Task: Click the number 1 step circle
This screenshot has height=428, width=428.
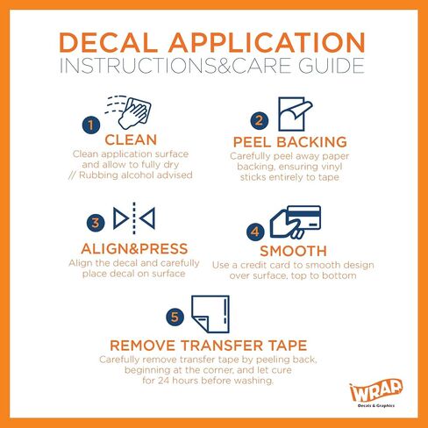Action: click(x=91, y=125)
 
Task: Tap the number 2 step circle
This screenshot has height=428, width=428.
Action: click(x=260, y=120)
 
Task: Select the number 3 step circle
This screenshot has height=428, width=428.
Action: click(x=96, y=223)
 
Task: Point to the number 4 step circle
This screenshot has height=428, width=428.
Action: click(x=255, y=232)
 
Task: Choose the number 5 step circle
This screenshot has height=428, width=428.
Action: click(x=175, y=317)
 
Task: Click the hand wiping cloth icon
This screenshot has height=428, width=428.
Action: click(x=129, y=112)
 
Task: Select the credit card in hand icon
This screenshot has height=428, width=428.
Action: click(x=296, y=222)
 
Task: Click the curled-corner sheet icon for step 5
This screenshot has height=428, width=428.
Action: click(x=210, y=314)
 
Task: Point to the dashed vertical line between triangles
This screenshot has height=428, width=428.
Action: click(x=134, y=218)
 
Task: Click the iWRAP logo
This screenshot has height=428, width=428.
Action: click(x=376, y=393)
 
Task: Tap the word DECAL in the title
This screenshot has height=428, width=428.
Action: click(x=109, y=43)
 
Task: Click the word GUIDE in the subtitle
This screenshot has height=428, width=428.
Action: click(x=332, y=66)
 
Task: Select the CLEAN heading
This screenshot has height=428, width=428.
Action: click(x=131, y=139)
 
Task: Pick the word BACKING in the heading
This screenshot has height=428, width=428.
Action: click(x=311, y=142)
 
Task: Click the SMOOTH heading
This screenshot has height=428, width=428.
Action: click(x=293, y=251)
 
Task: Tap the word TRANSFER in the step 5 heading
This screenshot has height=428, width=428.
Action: click(x=222, y=346)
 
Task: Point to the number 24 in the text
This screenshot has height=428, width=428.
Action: click(x=164, y=381)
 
